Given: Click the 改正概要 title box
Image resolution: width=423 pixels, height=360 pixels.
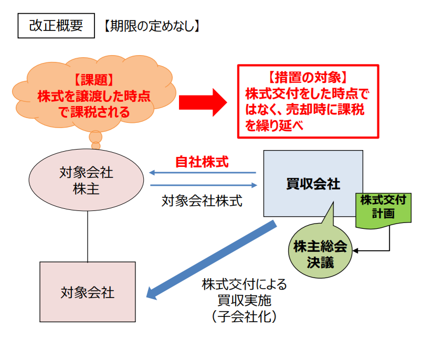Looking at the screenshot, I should [56, 25].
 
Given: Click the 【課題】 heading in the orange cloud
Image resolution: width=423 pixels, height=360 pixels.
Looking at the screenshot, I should [93, 80].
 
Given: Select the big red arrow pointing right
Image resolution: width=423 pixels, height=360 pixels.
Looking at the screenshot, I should [203, 101].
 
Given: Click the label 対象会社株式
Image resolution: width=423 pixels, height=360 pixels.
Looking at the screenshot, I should [202, 200].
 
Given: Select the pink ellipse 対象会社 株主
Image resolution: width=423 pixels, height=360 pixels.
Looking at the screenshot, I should [87, 180].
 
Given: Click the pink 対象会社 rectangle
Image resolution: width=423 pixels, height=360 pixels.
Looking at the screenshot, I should [87, 292].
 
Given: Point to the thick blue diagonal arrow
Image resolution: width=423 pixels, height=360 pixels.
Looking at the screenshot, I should [210, 261].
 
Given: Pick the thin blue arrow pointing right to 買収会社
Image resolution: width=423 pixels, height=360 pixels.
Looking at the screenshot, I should [202, 185].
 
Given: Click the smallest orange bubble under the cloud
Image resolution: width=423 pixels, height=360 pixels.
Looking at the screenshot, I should [95, 145].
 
